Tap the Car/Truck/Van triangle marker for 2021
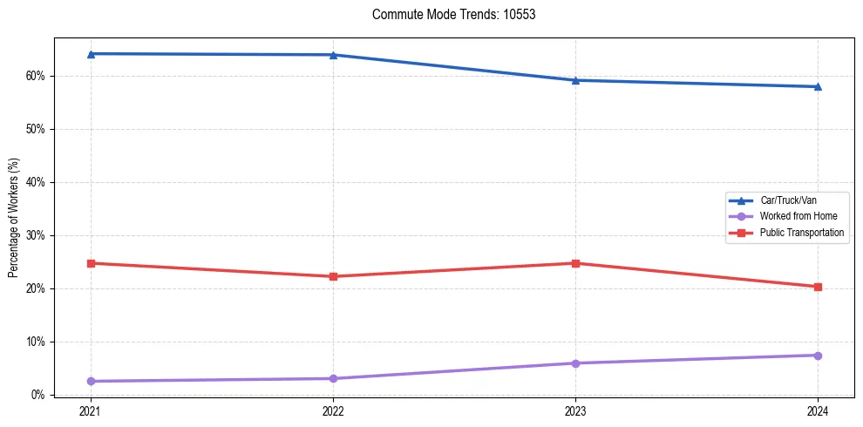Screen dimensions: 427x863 [91, 54]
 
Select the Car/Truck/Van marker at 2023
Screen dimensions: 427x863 [575, 80]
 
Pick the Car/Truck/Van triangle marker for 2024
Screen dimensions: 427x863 [818, 86]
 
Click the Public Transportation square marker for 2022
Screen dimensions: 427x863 [333, 276]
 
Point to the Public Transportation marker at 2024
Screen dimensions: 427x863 [818, 287]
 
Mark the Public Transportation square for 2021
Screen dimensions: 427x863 [91, 263]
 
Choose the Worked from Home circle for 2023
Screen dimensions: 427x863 [575, 363]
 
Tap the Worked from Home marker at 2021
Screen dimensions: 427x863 [91, 381]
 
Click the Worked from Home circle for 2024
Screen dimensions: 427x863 [818, 356]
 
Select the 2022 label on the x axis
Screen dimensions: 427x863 [333, 410]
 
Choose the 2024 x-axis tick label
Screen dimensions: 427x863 [818, 410]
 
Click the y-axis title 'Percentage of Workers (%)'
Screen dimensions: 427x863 [14, 218]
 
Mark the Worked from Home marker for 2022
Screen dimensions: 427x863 [333, 378]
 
